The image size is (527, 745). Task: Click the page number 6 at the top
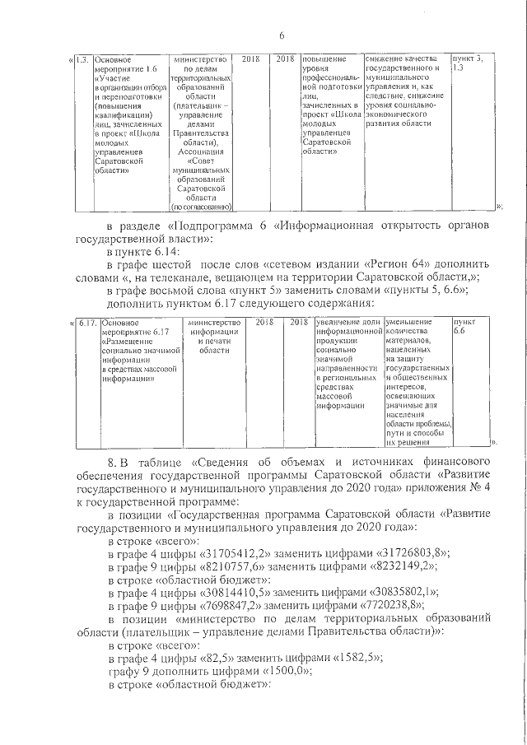(282, 35)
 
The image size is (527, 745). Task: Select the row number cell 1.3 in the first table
(82, 60)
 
